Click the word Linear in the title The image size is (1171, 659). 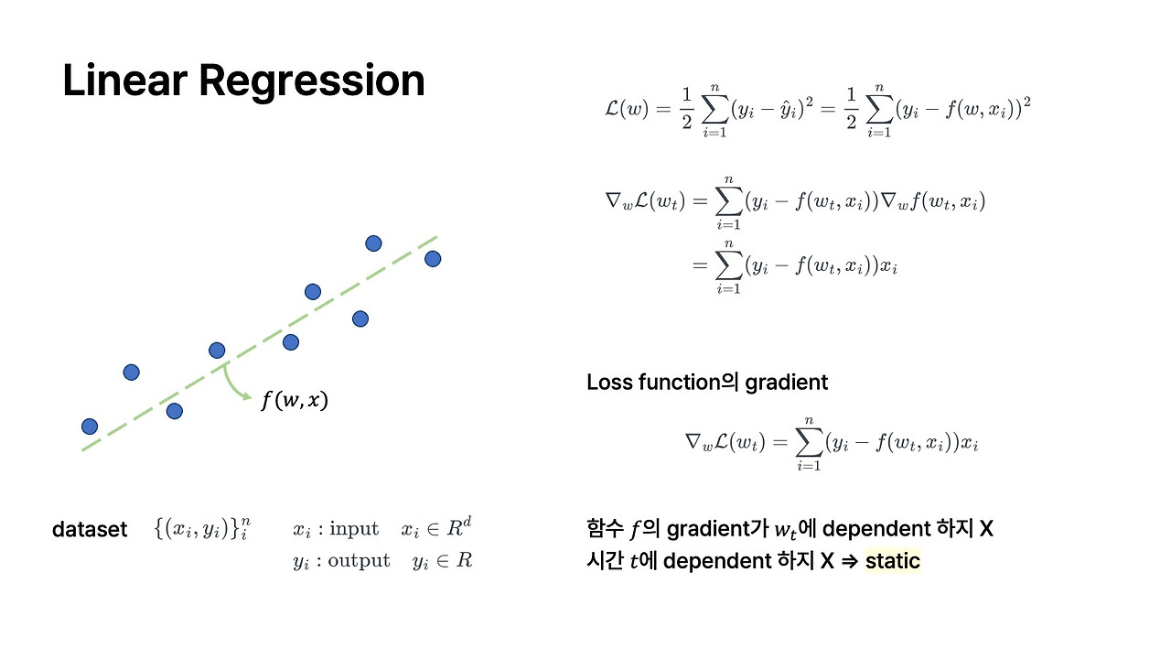[x=124, y=81]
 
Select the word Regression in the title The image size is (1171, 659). [x=312, y=81]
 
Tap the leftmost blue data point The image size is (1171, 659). [x=90, y=426]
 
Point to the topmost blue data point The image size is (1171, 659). [x=373, y=243]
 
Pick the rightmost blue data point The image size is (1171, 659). [x=433, y=259]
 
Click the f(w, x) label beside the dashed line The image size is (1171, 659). [x=294, y=400]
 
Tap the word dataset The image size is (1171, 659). [x=90, y=529]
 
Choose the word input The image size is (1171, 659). [x=354, y=528]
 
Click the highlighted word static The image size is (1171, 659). [x=892, y=560]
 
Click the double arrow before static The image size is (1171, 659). [x=850, y=560]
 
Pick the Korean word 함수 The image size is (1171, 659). [x=605, y=529]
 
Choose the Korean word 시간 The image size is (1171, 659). [x=605, y=560]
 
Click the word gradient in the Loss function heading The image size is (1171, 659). [x=786, y=382]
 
